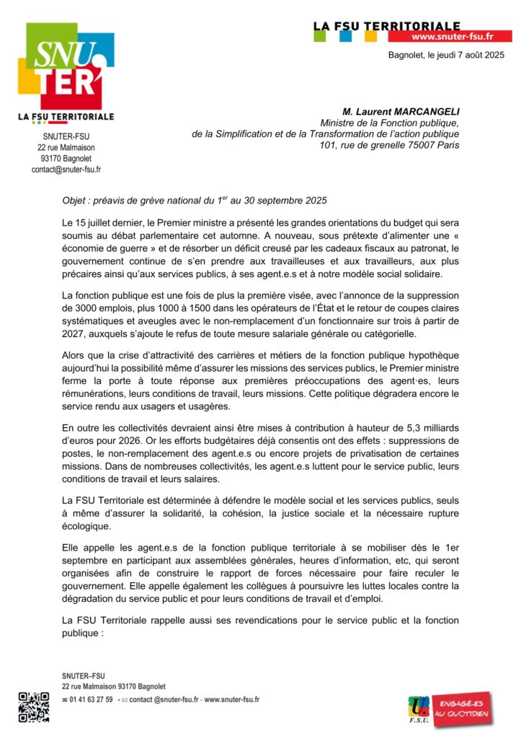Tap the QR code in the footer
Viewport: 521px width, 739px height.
[x=33, y=707]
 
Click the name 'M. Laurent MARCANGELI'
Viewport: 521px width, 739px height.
[x=401, y=111]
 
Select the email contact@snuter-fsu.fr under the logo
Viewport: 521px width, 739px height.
[x=66, y=170]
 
